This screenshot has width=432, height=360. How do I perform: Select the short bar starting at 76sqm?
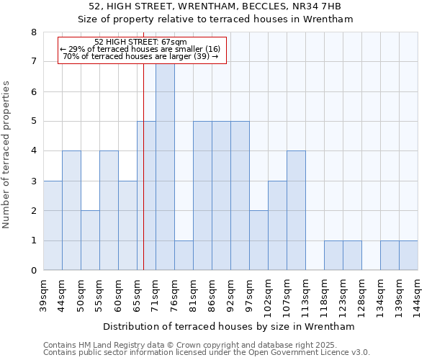coord(184,256)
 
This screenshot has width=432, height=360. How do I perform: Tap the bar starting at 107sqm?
coord(296,210)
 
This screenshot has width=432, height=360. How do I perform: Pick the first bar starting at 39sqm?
coord(53,225)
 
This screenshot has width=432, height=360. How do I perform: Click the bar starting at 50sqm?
coord(90,240)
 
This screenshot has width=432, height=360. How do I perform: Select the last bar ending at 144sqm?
coord(408,256)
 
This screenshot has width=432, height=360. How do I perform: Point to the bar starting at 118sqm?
coord(333,256)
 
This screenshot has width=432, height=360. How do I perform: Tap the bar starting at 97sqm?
coord(258,240)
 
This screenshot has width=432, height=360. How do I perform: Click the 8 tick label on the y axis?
coord(34,32)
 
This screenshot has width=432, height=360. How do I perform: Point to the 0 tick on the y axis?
coord(34,271)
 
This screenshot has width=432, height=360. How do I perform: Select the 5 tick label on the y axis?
coord(34,122)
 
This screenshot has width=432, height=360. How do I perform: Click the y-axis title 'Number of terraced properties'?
coord(6,154)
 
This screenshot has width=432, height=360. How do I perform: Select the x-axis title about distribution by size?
coord(230,326)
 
